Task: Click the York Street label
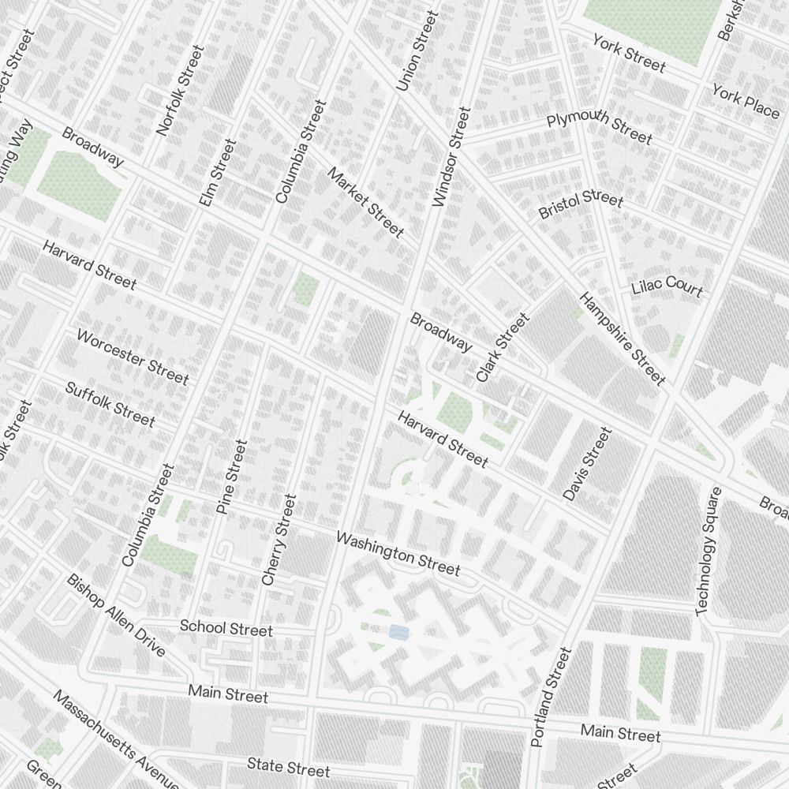click(629, 54)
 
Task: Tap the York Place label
click(745, 101)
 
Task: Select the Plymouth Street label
click(600, 128)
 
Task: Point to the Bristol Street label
click(581, 205)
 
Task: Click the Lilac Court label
click(667, 286)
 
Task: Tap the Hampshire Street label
click(623, 339)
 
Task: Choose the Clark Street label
click(503, 348)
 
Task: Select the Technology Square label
click(709, 552)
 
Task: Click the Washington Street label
click(398, 553)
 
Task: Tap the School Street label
click(226, 628)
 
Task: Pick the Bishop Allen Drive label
click(116, 615)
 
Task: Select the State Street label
click(288, 766)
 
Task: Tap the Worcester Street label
click(133, 357)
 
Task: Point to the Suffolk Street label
click(110, 404)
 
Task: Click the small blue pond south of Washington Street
click(399, 632)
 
